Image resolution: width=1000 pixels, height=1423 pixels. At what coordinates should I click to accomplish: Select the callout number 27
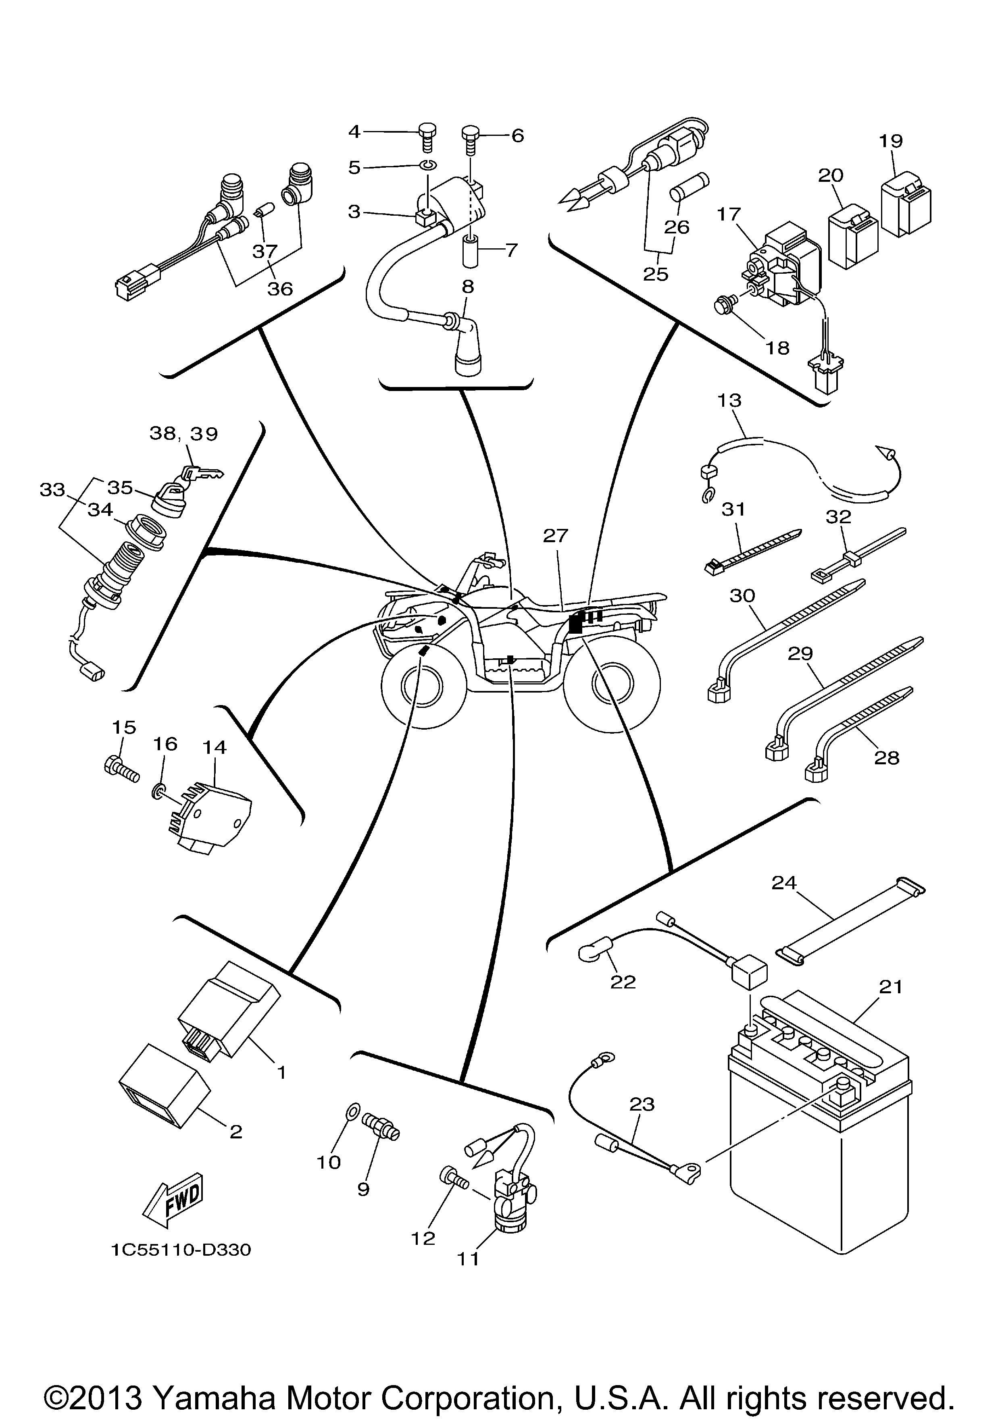pyautogui.click(x=556, y=535)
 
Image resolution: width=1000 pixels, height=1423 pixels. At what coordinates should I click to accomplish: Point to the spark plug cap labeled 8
pyautogui.click(x=468, y=347)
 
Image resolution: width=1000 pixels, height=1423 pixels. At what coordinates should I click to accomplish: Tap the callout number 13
pyautogui.click(x=729, y=400)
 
